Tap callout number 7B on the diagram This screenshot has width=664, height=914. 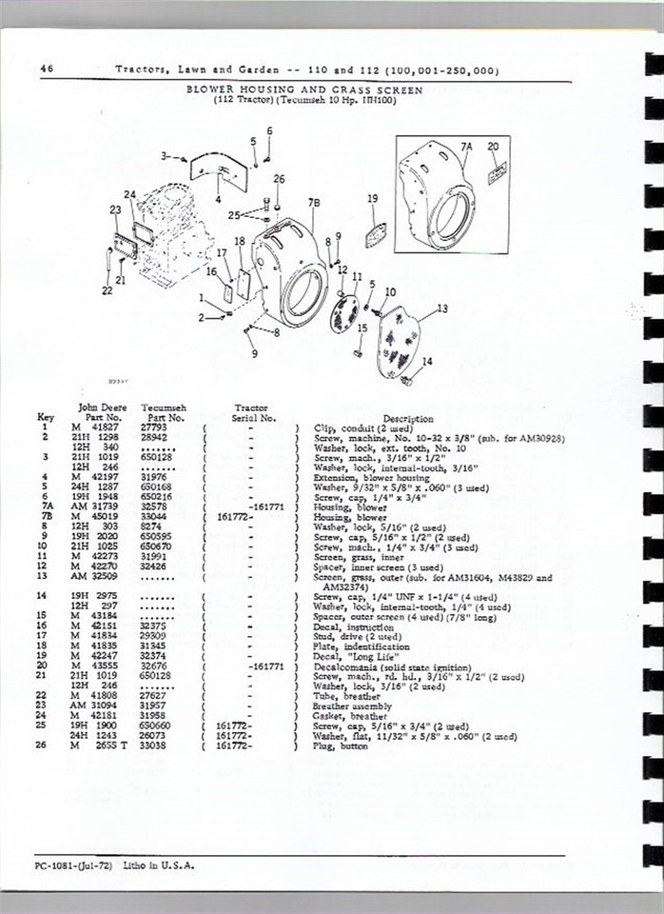(x=314, y=203)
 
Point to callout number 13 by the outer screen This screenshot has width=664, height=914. (x=441, y=308)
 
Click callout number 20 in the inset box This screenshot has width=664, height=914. (x=492, y=147)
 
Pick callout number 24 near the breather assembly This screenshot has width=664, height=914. (x=129, y=195)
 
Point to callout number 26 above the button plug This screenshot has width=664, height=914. (x=278, y=178)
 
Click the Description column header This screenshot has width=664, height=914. (x=408, y=418)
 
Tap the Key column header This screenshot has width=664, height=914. (x=45, y=417)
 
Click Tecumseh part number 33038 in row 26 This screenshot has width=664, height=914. (x=157, y=745)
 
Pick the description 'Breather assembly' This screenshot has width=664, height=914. (x=352, y=707)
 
